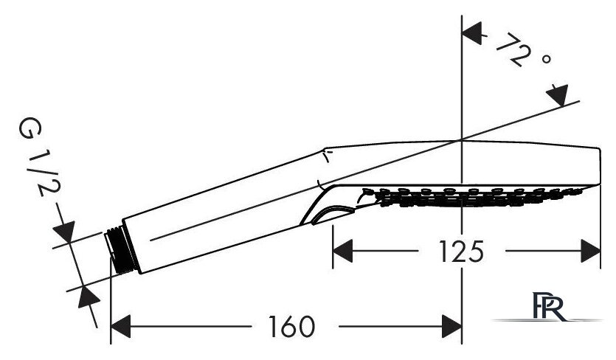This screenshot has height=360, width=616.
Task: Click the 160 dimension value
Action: click(x=291, y=327)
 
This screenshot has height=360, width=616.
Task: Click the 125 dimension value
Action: click(x=461, y=252)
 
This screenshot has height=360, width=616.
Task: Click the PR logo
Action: click(x=550, y=307)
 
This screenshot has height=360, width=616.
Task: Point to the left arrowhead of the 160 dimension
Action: click(x=120, y=326)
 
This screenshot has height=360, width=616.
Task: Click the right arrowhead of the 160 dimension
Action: click(x=451, y=326)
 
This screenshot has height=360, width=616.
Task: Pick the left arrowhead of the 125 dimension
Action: click(x=342, y=251)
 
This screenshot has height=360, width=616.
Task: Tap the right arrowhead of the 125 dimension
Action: click(x=590, y=251)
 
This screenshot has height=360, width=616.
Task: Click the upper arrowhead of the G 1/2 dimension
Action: click(x=64, y=231)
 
